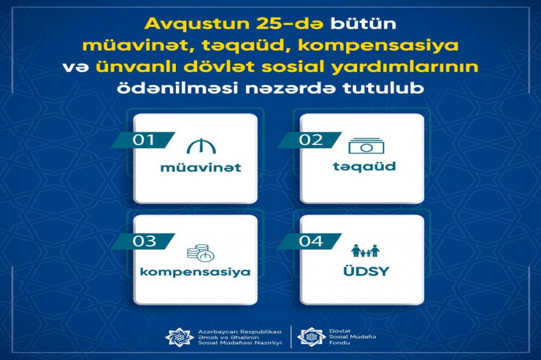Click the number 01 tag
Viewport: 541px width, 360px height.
coord(143,140)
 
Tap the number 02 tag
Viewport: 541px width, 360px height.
coord(310,140)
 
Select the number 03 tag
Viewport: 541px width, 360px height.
coord(143,242)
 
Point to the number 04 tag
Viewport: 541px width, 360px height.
coord(310,242)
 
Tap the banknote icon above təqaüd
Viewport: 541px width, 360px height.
coord(366,146)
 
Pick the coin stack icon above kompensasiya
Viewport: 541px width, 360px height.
coord(201,254)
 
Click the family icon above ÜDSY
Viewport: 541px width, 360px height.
coord(365,251)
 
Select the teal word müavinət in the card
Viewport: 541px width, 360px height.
coord(201,168)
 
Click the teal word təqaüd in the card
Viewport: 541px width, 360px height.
coord(364,166)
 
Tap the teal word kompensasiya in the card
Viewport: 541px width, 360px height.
coord(195,272)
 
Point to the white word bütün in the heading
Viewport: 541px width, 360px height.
coord(364,24)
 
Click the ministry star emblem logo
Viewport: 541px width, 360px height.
coord(179,337)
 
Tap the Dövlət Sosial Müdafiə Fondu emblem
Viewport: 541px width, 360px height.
coord(311,337)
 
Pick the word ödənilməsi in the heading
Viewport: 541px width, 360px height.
coord(177,88)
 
